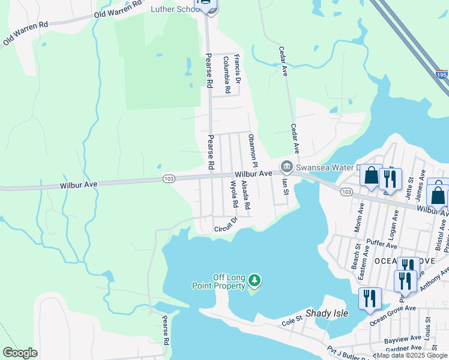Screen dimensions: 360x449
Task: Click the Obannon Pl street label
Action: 253,151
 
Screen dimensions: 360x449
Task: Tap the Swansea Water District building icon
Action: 286,166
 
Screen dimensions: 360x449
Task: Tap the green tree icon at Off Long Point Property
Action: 255,280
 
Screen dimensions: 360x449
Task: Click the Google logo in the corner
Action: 20,353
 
